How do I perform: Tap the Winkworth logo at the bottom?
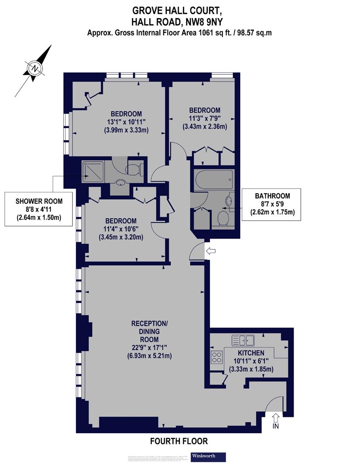click(x=208, y=456)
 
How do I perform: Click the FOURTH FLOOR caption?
click(x=179, y=441)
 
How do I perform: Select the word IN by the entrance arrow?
click(x=275, y=427)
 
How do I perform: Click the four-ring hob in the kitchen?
click(x=216, y=358)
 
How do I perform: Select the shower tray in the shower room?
click(x=92, y=170)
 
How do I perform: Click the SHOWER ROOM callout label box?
click(x=39, y=209)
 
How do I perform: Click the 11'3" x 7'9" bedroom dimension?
click(x=204, y=119)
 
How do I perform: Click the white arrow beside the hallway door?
click(x=211, y=251)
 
